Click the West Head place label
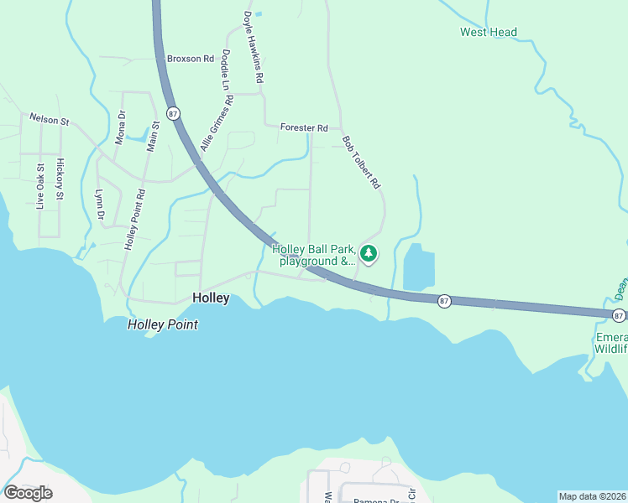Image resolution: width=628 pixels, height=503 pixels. (x=488, y=33)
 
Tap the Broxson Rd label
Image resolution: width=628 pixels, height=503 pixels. (x=191, y=59)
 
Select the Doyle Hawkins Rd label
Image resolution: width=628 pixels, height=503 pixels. (x=254, y=46)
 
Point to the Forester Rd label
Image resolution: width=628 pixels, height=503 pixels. (x=304, y=127)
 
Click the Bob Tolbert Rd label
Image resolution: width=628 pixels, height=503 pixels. (x=362, y=162)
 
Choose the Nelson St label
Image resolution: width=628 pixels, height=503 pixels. (x=50, y=120)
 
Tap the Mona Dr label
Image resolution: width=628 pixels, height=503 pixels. (x=120, y=127)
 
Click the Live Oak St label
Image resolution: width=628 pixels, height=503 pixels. (x=40, y=185)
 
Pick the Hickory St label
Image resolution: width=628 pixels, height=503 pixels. (x=60, y=179)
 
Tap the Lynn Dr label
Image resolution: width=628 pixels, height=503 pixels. (x=99, y=204)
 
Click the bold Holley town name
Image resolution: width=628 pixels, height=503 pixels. (x=211, y=298)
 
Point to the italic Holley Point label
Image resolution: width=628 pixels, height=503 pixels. (x=163, y=324)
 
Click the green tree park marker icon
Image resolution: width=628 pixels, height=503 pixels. (x=368, y=252)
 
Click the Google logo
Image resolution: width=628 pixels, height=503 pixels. (x=28, y=493)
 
